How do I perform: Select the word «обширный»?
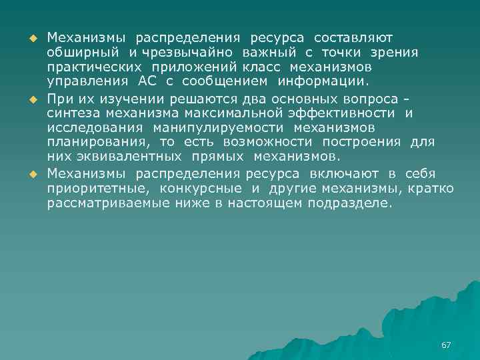coord(81,52)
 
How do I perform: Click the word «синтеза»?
coord(69,113)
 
